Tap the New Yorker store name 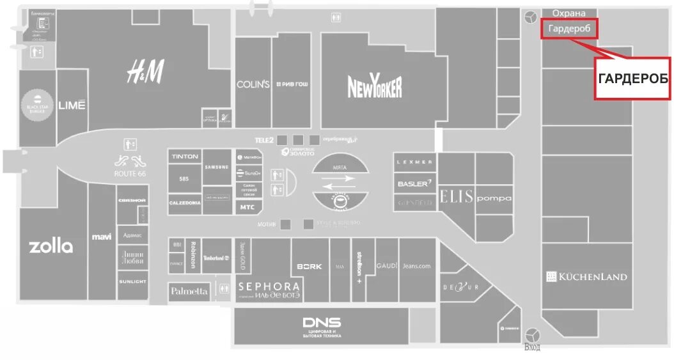pyautogui.click(x=375, y=87)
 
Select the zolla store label pyautogui.click(x=51, y=246)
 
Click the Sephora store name pyautogui.click(x=269, y=286)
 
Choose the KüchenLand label pyautogui.click(x=587, y=277)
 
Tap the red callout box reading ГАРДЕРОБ pyautogui.click(x=633, y=78)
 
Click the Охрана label pyautogui.click(x=568, y=13)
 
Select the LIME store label pyautogui.click(x=72, y=105)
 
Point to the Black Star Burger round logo pyautogui.click(x=37, y=105)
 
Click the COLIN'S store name pyautogui.click(x=253, y=84)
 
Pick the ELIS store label pyautogui.click(x=457, y=197)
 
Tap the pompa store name pyautogui.click(x=494, y=198)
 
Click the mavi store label pyautogui.click(x=102, y=237)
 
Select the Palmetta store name pyautogui.click(x=189, y=291)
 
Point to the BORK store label pyautogui.click(x=310, y=266)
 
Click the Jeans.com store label pyautogui.click(x=416, y=265)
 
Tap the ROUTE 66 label pyautogui.click(x=130, y=173)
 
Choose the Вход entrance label pyautogui.click(x=532, y=347)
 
